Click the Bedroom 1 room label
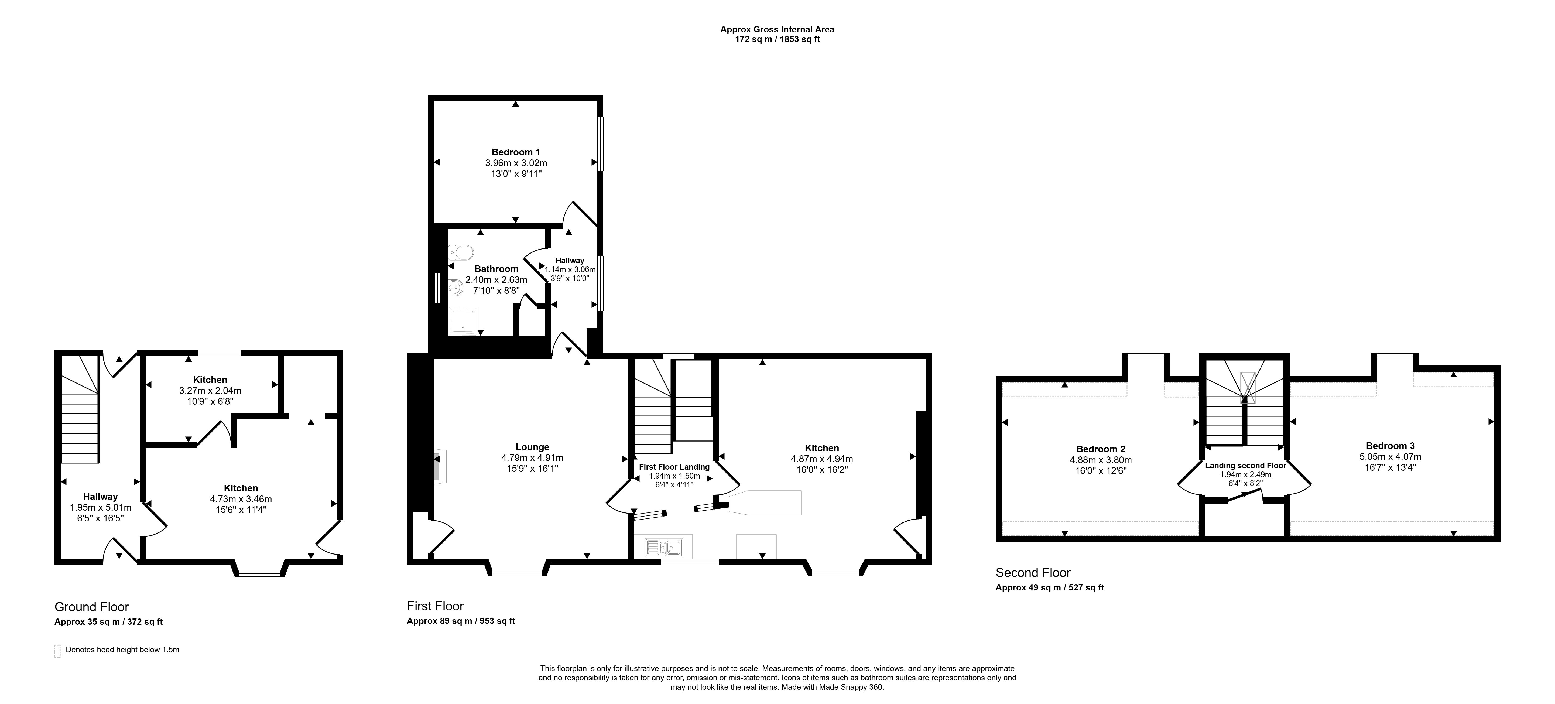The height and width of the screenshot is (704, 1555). coord(516,152)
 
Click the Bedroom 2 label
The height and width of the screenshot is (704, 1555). coord(1101,449)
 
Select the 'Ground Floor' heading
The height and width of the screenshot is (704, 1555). coord(92,607)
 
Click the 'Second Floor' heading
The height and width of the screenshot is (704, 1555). coord(1033,572)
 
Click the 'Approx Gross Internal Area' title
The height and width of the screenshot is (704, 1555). coord(777,29)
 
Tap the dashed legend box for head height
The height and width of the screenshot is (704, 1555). coord(57,651)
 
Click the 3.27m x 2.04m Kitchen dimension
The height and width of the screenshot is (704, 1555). coord(210,391)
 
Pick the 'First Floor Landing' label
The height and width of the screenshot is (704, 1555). coord(674,467)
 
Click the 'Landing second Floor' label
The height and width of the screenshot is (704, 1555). coord(1245,466)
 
